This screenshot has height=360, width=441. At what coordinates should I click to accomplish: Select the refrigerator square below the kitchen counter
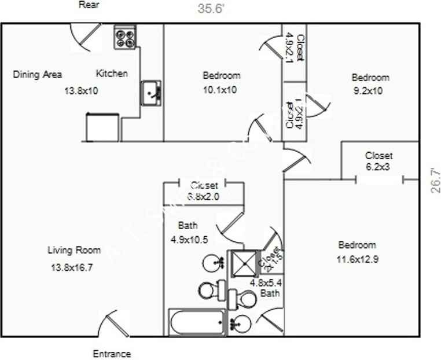pyautogui.click(x=102, y=127)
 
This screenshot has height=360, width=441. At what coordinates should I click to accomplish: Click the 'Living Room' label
pyautogui.click(x=74, y=251)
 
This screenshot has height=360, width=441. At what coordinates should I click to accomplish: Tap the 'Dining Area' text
pyautogui.click(x=38, y=74)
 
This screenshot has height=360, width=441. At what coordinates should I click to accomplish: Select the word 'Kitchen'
pyautogui.click(x=112, y=74)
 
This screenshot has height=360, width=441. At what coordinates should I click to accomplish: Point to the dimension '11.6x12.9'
pyautogui.click(x=357, y=259)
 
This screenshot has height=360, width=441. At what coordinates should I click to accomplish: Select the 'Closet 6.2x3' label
pyautogui.click(x=378, y=160)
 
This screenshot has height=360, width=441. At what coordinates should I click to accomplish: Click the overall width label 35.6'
pyautogui.click(x=210, y=9)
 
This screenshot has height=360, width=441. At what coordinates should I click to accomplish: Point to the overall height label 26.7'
pyautogui.click(x=435, y=180)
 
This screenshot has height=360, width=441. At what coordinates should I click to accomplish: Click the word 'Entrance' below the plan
pyautogui.click(x=112, y=354)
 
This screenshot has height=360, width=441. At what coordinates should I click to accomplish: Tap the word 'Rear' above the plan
pyautogui.click(x=89, y=5)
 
